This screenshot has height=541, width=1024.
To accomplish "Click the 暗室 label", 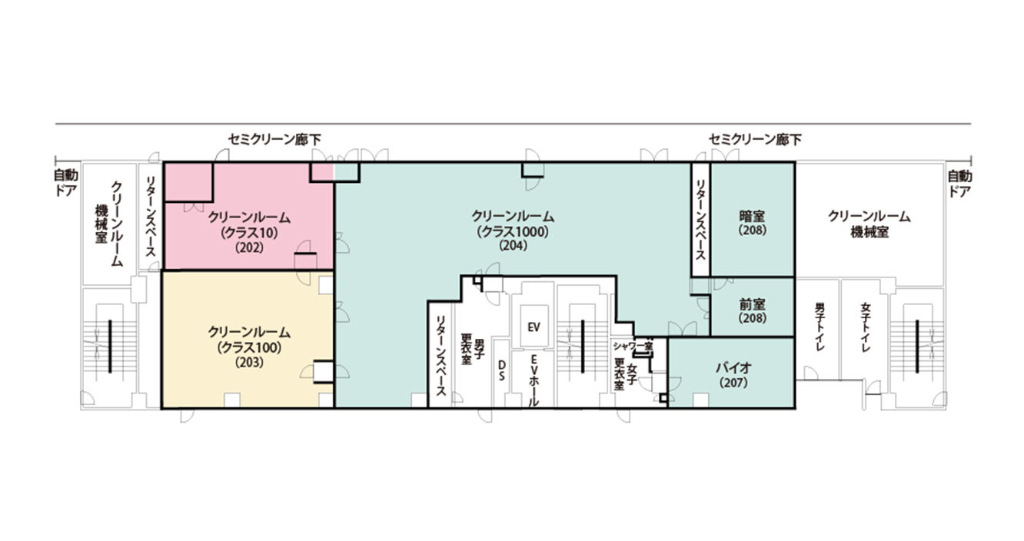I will pyautogui.click(x=753, y=216).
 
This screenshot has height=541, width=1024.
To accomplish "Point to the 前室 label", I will pyautogui.click(x=753, y=304).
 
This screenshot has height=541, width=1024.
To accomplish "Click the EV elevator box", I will pyautogui.click(x=534, y=327).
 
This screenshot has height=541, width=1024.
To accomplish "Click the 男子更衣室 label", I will pyautogui.click(x=472, y=349).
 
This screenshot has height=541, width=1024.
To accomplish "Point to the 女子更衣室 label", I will pyautogui.click(x=626, y=372).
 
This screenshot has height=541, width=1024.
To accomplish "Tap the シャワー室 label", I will pyautogui.click(x=633, y=347).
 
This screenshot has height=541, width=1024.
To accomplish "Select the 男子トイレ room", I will pyautogui.click(x=819, y=328).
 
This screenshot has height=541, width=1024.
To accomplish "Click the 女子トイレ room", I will pyautogui.click(x=865, y=328).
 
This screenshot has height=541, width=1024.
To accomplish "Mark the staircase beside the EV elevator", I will pyautogui.click(x=583, y=338).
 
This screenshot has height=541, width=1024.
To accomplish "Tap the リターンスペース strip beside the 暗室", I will pyautogui.click(x=700, y=219).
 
